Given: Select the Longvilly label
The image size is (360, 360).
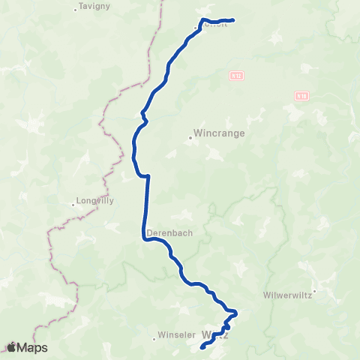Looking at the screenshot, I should click(95, 201).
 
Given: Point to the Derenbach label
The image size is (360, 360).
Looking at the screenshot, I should click(169, 232).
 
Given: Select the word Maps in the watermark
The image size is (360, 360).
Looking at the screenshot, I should click(32, 347).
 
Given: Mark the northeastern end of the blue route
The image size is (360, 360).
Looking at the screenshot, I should click(233, 20).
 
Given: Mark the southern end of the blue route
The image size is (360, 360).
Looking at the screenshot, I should click(203, 348).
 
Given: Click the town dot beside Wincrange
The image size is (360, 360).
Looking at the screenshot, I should click(190, 137).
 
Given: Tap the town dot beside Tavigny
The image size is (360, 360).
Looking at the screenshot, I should click(76, 10).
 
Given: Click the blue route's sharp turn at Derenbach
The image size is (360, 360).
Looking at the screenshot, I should click(143, 239).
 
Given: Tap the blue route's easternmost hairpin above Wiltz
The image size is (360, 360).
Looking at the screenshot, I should click(236, 312).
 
